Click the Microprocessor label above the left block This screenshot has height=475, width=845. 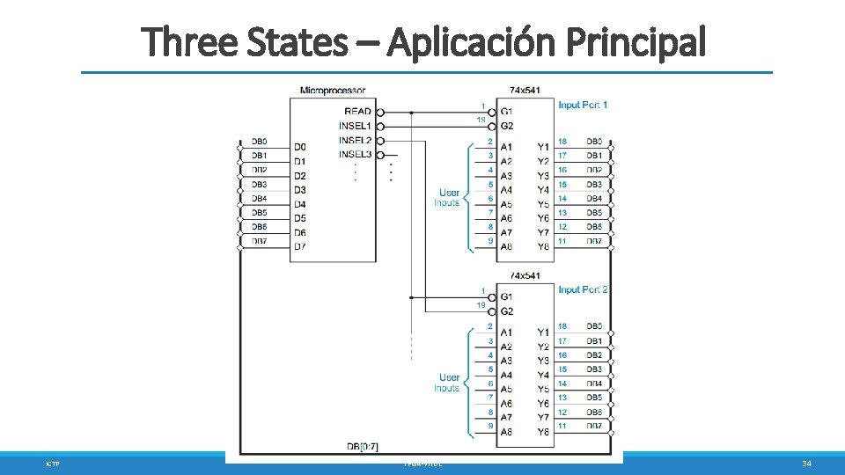pyautogui.click(x=333, y=90)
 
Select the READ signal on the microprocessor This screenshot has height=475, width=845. pyautogui.click(x=357, y=112)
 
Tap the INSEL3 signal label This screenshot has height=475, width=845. pyautogui.click(x=355, y=155)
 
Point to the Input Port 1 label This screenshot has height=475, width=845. pyautogui.click(x=583, y=105)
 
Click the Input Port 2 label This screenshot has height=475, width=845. pyautogui.click(x=583, y=289)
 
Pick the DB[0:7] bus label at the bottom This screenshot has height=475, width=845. pyautogui.click(x=364, y=447)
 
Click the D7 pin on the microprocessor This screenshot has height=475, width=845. pyautogui.click(x=300, y=246)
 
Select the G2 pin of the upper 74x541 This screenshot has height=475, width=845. pyautogui.click(x=507, y=127)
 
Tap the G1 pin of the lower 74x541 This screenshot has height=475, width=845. pyautogui.click(x=507, y=296)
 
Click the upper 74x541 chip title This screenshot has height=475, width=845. pyautogui.click(x=525, y=90)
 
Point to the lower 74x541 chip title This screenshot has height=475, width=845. pyautogui.click(x=525, y=275)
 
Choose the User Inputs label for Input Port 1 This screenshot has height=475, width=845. pyautogui.click(x=448, y=198)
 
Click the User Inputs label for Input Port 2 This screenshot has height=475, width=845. pyautogui.click(x=448, y=383)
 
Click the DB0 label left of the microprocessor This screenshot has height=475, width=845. pyautogui.click(x=259, y=142)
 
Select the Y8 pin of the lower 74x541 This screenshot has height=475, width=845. pyautogui.click(x=543, y=432)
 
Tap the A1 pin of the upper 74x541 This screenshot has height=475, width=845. pyautogui.click(x=507, y=147)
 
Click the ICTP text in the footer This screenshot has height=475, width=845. pyautogui.click(x=52, y=464)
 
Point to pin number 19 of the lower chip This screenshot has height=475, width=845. pyautogui.click(x=481, y=304)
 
